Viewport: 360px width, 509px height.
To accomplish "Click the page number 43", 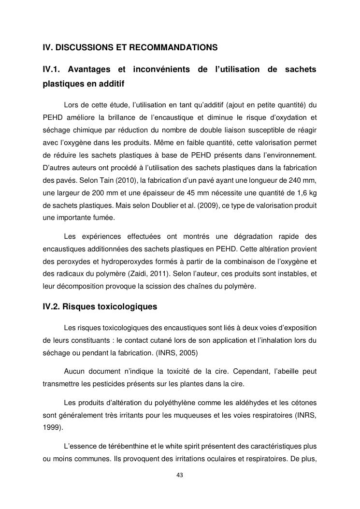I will tap(180, 475).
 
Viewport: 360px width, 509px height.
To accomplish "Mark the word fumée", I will tap(102, 218).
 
